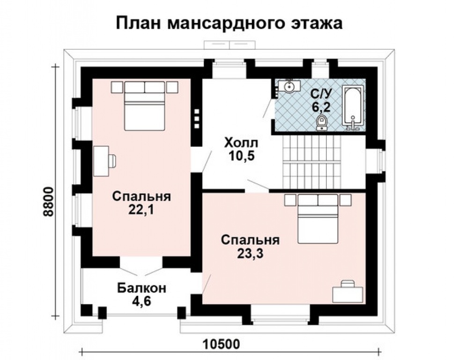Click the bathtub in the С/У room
(x=353, y=107)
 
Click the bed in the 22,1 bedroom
(x=145, y=107)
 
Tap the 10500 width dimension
(x=221, y=344)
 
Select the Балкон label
(x=141, y=287)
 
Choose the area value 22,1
(x=141, y=210)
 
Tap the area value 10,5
(x=242, y=156)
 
